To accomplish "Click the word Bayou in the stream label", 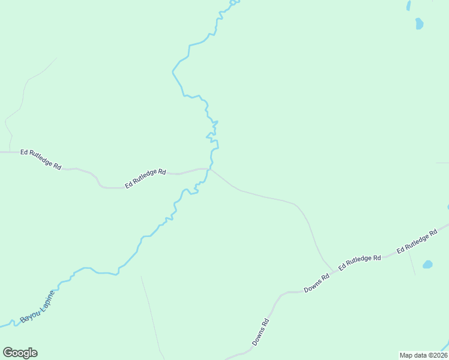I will [29, 314].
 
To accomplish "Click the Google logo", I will [20, 353].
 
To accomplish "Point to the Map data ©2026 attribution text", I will [424, 355].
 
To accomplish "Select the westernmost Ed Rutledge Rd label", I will [41, 159].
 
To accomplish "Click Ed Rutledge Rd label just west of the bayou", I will [145, 179].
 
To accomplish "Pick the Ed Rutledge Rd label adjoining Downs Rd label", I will [360, 262].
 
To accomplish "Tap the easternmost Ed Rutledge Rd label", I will [417, 240].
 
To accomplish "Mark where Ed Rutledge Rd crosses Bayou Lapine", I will [209, 169].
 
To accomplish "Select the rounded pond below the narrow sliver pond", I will [419, 23].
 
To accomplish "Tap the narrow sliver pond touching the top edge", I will [409, 5].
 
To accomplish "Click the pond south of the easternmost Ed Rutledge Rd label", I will [427, 264].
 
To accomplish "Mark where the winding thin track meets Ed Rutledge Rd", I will [10, 152].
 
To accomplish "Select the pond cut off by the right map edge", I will [447, 207].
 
